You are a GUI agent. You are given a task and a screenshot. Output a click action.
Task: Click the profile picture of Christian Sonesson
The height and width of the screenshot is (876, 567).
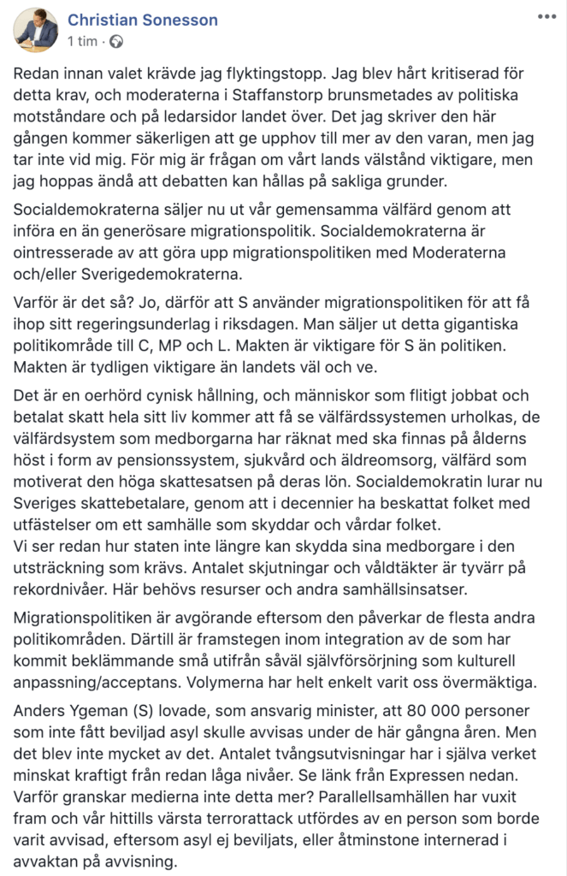(36, 29)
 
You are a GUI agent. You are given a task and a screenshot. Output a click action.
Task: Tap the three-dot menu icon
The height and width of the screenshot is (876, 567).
(546, 16)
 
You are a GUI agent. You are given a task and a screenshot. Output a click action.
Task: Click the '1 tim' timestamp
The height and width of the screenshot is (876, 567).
(82, 41)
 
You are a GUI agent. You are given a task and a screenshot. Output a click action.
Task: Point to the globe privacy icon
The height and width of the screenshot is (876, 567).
(116, 41)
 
